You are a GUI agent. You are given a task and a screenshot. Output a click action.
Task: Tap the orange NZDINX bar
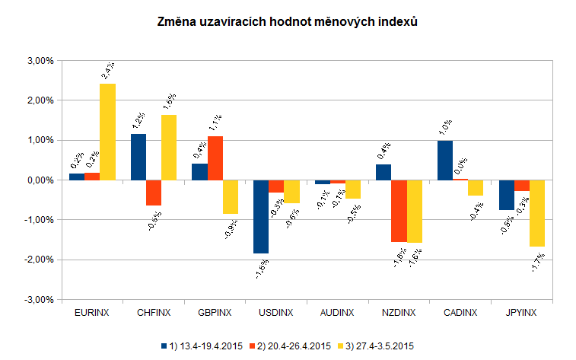point(399,211)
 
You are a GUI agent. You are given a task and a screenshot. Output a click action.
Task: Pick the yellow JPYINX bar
point(538,213)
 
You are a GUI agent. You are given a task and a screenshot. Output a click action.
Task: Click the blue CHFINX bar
point(138,157)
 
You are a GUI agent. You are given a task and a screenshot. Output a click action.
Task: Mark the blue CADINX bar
point(445,160)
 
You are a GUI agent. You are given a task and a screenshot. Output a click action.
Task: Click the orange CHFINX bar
point(154,193)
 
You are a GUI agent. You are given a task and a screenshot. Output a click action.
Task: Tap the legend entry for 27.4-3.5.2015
point(379,346)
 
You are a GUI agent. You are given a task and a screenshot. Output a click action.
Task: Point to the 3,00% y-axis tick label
point(38,61)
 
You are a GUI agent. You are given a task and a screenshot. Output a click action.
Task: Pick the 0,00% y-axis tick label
point(38,180)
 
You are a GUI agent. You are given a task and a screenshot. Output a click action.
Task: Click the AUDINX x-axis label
point(338,313)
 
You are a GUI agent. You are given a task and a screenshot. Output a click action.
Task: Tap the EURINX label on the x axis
point(91,313)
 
